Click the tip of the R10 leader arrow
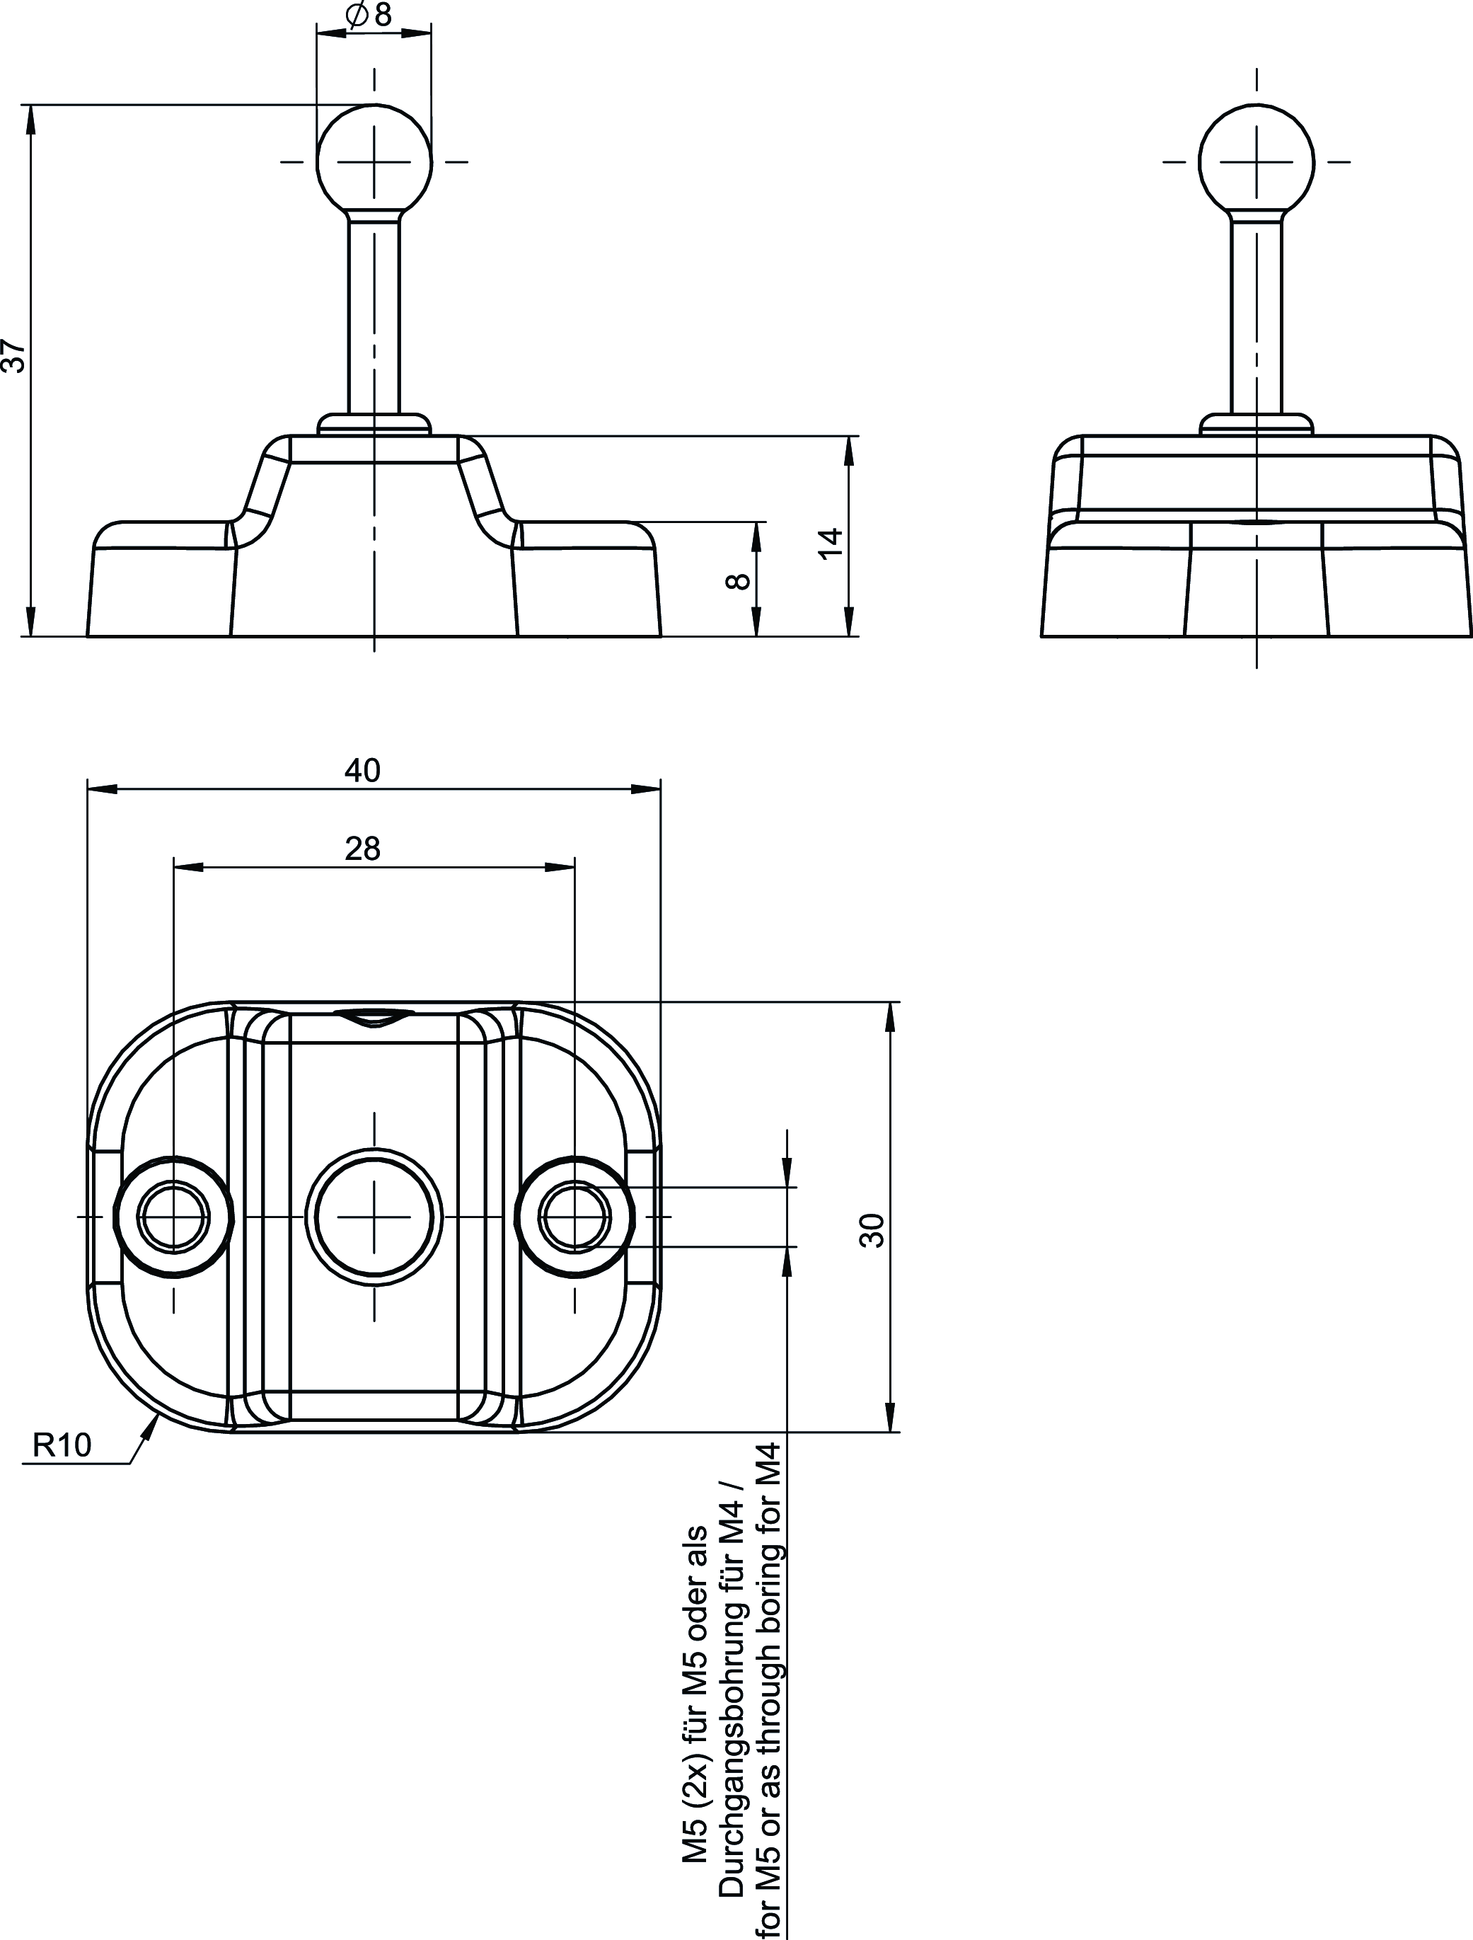point(158,1415)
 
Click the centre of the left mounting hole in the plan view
point(173,1217)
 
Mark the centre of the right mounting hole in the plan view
point(575,1217)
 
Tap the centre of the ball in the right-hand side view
point(1257,161)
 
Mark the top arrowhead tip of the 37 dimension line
point(30,105)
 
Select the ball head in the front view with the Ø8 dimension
point(374,161)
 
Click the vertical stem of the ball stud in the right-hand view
point(1257,316)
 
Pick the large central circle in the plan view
point(374,1217)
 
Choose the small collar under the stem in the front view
point(374,425)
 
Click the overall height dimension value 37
point(15,357)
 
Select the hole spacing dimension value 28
point(362,848)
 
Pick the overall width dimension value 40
point(362,770)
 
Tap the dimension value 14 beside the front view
point(828,541)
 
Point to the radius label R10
point(62,1445)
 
